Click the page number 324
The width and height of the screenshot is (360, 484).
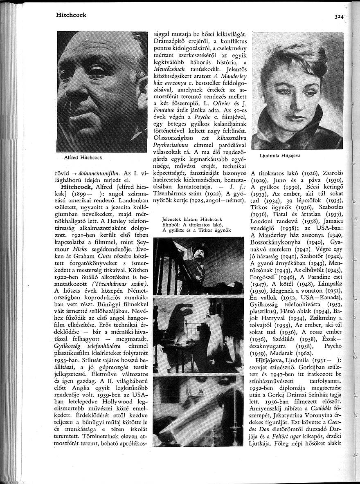pos(339,17)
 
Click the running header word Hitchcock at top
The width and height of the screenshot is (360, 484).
pos(71,15)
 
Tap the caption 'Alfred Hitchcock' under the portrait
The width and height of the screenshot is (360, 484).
pos(83,157)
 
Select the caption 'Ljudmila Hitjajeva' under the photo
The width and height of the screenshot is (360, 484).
pos(280,156)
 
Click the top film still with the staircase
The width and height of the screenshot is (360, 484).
pos(198,266)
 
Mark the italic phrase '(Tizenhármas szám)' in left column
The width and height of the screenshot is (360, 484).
pos(120,284)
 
